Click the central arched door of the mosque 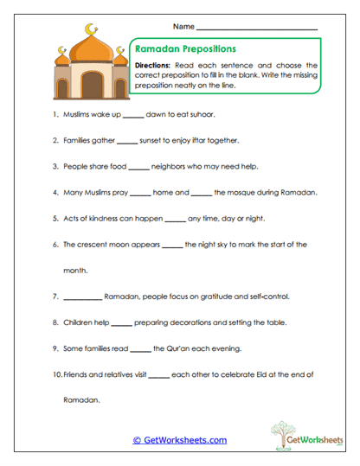pos(91,85)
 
